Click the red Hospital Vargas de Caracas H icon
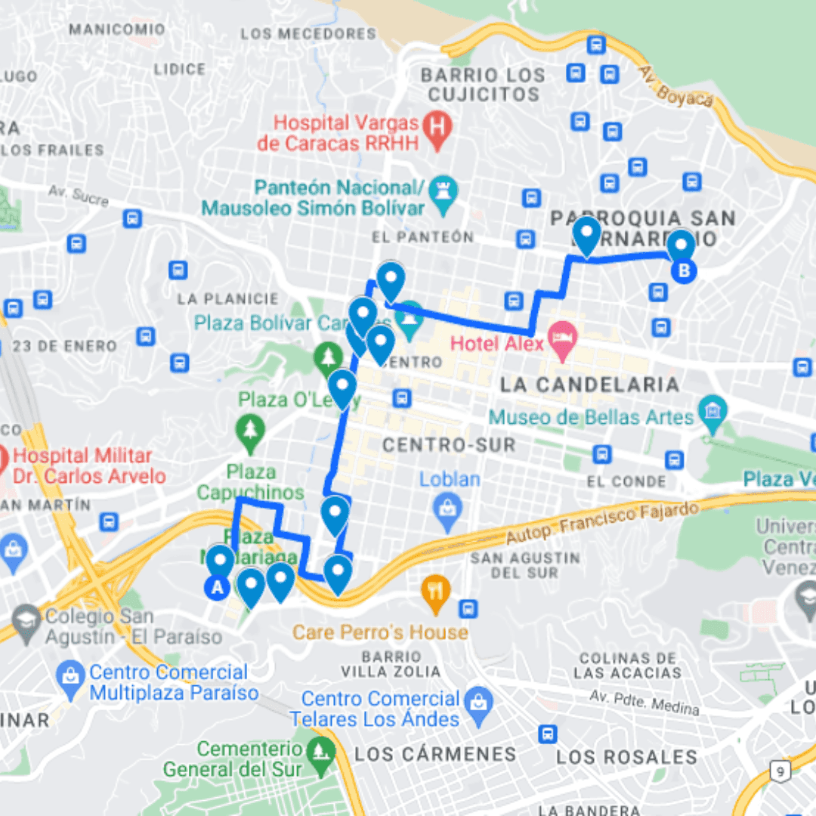pyautogui.click(x=436, y=124)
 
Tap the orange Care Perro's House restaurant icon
pyautogui.click(x=436, y=589)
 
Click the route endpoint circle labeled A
pyautogui.click(x=218, y=587)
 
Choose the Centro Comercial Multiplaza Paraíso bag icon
pyautogui.click(x=72, y=672)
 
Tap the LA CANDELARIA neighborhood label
pyautogui.click(x=589, y=385)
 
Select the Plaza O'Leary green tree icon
pyautogui.click(x=328, y=354)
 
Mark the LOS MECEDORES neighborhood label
pyautogui.click(x=308, y=34)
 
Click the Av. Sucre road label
pyautogui.click(x=79, y=195)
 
